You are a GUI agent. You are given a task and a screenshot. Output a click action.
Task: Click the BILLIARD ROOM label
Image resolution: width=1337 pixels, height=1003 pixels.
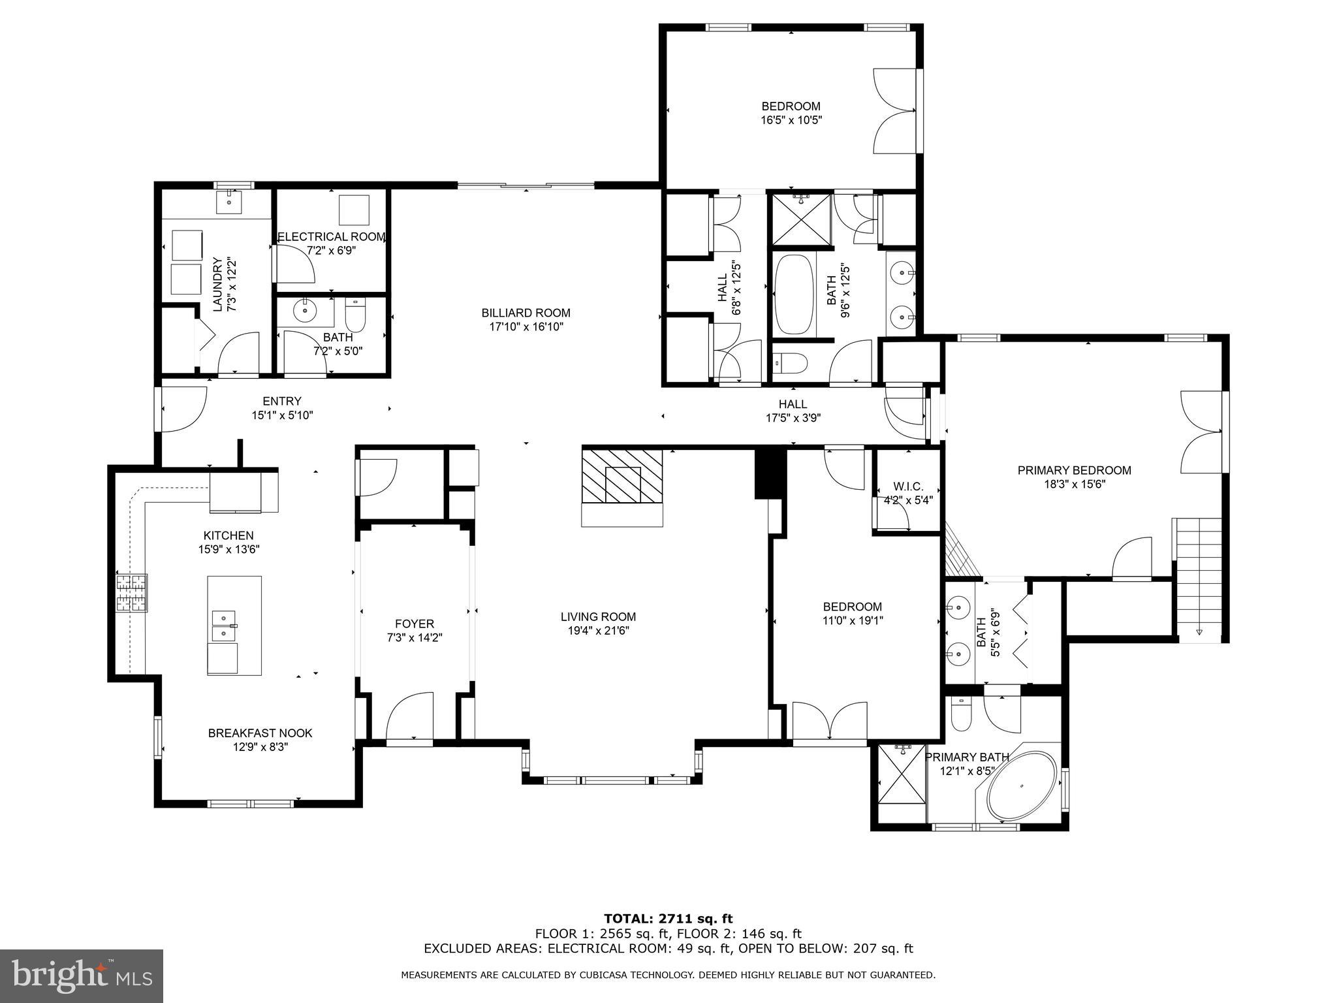[x=526, y=313]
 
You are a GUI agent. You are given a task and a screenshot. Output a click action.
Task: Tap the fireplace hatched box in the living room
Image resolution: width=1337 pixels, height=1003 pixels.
[x=622, y=475]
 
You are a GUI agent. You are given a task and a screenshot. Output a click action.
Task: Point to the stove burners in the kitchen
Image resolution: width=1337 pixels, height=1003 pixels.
[x=131, y=592]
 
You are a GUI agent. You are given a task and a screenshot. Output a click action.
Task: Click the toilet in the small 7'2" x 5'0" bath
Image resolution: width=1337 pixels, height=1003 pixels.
[x=356, y=315]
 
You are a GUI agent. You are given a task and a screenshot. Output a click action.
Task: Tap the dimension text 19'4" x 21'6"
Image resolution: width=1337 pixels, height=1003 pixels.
[x=598, y=631]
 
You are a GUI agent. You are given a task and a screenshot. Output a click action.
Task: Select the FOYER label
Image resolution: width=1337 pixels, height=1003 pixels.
[x=414, y=624]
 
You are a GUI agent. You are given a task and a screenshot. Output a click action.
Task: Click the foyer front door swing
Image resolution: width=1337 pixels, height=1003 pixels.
[x=410, y=716]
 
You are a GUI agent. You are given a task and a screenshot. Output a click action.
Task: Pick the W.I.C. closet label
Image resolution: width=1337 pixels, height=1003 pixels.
[x=907, y=486]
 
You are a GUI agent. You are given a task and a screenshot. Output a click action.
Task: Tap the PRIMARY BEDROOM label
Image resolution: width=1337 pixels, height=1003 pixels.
[x=1074, y=470]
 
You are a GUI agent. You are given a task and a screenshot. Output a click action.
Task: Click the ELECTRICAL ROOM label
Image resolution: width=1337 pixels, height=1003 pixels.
[x=331, y=236]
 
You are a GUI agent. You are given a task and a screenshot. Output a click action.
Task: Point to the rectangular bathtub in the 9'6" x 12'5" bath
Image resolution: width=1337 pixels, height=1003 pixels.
[x=794, y=295]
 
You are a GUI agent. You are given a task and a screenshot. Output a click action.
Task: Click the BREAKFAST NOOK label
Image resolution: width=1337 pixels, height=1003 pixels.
[x=260, y=733]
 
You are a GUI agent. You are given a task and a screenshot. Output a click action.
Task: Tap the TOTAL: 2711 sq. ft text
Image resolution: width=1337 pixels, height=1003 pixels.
[x=668, y=919]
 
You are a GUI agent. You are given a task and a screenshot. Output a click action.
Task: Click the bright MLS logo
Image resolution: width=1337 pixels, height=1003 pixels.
[x=82, y=976]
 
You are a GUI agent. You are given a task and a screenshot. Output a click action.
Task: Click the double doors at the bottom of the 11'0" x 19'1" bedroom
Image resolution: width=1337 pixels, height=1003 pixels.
[x=829, y=721]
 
